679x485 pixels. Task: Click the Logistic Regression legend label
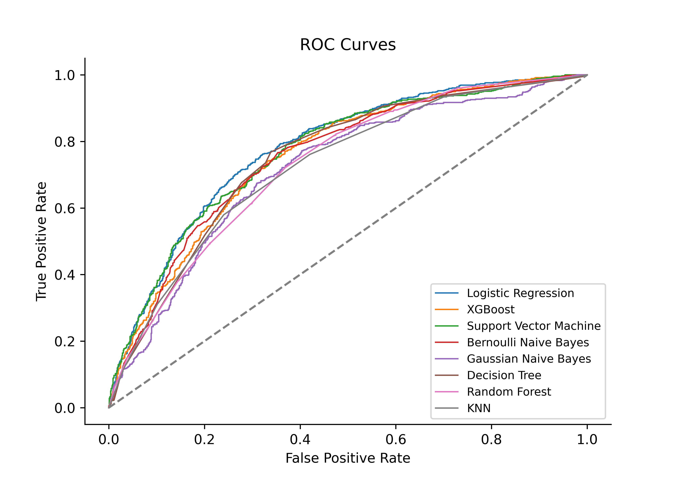pos(520,293)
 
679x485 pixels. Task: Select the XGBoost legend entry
pos(491,310)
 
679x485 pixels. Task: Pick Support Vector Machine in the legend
pos(534,326)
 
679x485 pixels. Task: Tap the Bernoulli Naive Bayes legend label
pos(528,343)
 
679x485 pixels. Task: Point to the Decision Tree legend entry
pos(504,375)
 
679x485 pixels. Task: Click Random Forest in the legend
pos(509,392)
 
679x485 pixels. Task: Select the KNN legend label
pos(479,408)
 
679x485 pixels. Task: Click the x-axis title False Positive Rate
pos(348,458)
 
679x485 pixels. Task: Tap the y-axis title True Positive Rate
pos(42,241)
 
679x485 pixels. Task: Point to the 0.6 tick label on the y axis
pos(65,208)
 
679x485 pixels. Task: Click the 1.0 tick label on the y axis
pos(65,75)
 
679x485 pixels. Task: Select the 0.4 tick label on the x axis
pos(300,440)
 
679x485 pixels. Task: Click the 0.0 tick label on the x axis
pos(109,440)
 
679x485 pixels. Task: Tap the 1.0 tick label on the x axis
pos(587,440)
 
